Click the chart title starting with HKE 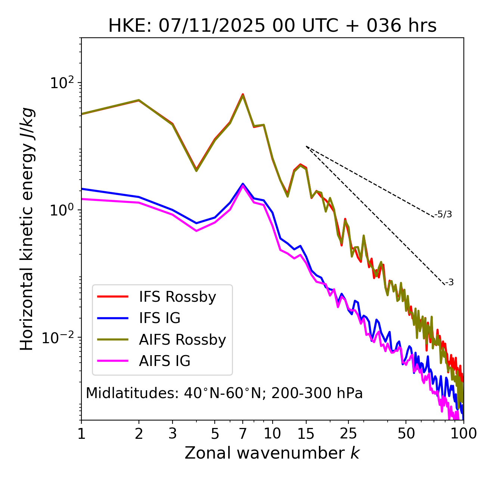pyautogui.click(x=272, y=26)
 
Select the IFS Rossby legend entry pyautogui.click(x=177, y=297)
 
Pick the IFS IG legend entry pyautogui.click(x=159, y=318)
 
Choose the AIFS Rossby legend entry pyautogui.click(x=182, y=340)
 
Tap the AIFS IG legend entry pyautogui.click(x=165, y=361)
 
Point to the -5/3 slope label pyautogui.click(x=443, y=214)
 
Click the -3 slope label pyautogui.click(x=449, y=282)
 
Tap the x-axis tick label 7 pyautogui.click(x=243, y=434)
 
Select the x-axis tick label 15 pyautogui.click(x=306, y=434)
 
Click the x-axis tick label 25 pyautogui.click(x=348, y=434)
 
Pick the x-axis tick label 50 pyautogui.click(x=406, y=434)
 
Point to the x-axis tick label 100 pyautogui.click(x=463, y=434)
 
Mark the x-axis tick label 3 pyautogui.click(x=173, y=434)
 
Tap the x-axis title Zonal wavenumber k pyautogui.click(x=272, y=453)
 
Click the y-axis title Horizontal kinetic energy pyautogui.click(x=27, y=229)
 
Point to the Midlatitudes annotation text pyautogui.click(x=224, y=393)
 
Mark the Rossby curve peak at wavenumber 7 pyautogui.click(x=243, y=95)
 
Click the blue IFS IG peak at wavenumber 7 pyautogui.click(x=243, y=184)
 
